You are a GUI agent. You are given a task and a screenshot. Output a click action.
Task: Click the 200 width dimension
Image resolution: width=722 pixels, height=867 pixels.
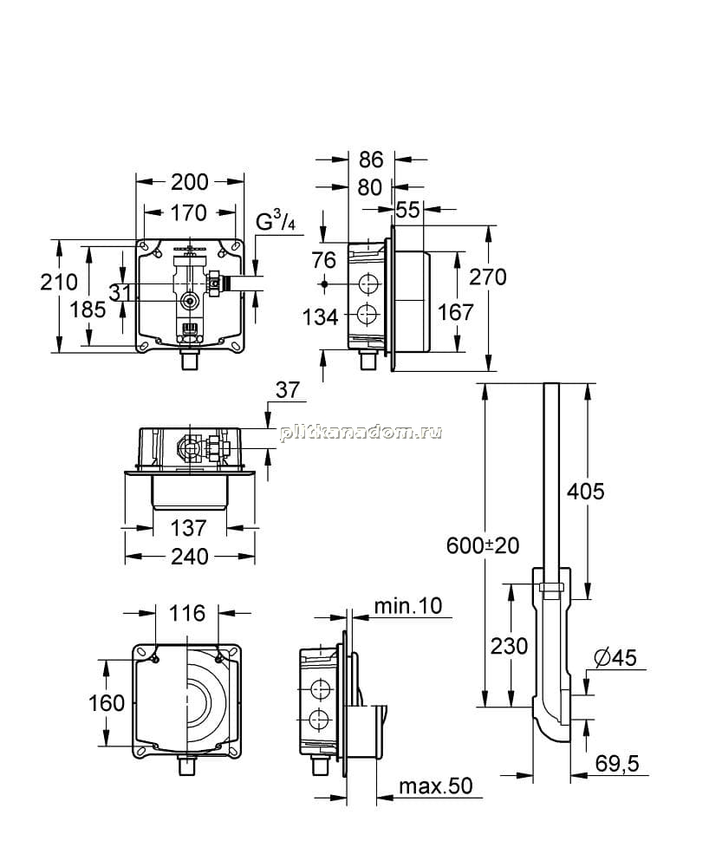(x=190, y=182)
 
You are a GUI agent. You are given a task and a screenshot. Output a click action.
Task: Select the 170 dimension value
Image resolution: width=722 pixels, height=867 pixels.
(x=188, y=213)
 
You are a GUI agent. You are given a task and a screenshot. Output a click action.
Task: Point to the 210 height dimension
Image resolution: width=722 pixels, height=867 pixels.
(x=59, y=282)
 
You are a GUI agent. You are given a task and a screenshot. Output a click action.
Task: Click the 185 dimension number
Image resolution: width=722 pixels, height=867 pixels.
(x=88, y=310)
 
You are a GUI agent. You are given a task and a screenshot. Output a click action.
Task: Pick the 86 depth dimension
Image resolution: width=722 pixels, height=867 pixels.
(x=371, y=160)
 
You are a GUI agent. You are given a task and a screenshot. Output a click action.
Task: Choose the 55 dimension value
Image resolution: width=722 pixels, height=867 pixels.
(x=408, y=210)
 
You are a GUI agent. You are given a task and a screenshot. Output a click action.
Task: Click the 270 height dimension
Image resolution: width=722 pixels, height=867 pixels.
(x=488, y=277)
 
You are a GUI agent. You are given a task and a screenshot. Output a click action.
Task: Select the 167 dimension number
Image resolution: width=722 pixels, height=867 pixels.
(x=456, y=312)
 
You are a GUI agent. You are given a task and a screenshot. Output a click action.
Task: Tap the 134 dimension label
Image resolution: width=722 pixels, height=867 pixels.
(x=320, y=317)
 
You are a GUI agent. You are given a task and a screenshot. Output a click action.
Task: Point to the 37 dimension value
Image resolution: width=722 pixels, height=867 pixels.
(x=288, y=390)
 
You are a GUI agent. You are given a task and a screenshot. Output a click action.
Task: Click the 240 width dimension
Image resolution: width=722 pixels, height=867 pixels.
(x=190, y=557)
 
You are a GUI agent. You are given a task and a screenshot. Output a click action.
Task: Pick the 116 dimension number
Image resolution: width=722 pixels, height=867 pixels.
(x=187, y=613)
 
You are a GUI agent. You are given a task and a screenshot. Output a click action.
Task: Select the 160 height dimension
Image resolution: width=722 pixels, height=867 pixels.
(x=107, y=703)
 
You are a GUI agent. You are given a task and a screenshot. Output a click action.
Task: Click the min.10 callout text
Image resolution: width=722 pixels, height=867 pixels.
(x=408, y=605)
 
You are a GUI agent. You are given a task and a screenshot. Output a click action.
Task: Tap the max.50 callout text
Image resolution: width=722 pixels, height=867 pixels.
(x=436, y=786)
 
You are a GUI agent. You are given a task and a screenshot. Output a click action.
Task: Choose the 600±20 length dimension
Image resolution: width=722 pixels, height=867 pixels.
(x=483, y=545)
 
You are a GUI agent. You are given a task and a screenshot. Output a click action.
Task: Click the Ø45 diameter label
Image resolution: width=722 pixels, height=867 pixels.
(x=616, y=657)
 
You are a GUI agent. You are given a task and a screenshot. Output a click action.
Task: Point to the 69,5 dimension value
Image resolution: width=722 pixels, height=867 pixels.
(x=617, y=764)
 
